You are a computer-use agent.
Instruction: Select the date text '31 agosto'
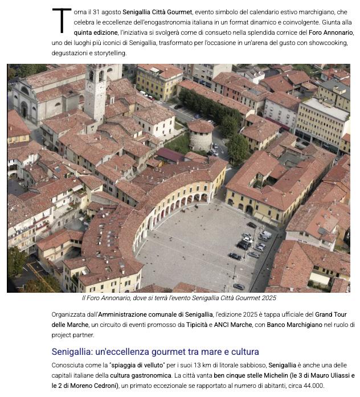106,12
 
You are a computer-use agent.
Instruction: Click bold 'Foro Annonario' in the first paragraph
332,32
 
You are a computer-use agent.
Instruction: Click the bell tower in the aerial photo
95,91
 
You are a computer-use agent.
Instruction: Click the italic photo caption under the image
179,298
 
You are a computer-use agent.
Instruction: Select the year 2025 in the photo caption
267,298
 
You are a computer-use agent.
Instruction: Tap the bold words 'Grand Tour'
330,314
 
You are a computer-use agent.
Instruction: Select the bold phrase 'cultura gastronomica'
140,375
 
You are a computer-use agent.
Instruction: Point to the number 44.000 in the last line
313,386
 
